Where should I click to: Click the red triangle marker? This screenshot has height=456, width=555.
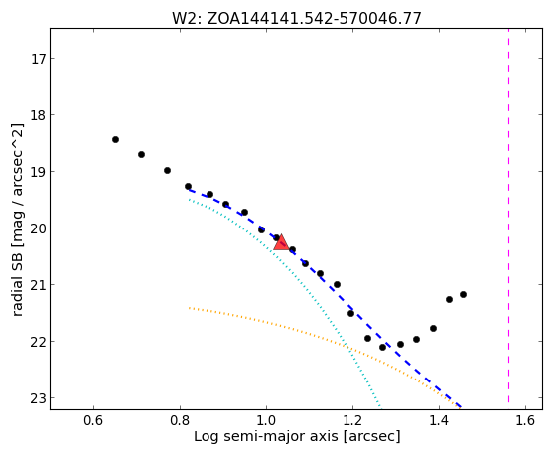281,242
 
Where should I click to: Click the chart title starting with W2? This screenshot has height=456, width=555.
297,19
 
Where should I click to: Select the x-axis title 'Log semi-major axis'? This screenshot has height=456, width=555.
266,436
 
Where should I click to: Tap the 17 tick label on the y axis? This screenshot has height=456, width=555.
39,58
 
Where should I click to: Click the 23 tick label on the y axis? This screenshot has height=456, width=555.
39,398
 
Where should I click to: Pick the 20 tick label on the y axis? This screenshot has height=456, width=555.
39,228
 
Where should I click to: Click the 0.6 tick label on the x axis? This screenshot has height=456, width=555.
93,420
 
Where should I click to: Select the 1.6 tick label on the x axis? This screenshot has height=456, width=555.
525,420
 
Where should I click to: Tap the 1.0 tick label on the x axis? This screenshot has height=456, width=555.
266,420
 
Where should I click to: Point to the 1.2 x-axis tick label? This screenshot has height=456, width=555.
352,420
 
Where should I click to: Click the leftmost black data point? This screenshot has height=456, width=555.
115,140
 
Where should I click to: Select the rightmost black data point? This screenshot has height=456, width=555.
463,294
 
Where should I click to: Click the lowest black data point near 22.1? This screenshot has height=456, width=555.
382,348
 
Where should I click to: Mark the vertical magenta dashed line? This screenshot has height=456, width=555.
509,216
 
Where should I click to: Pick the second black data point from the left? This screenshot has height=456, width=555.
141,154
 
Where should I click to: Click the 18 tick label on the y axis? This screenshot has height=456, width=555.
39,115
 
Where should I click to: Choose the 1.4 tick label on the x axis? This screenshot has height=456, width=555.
439,420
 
